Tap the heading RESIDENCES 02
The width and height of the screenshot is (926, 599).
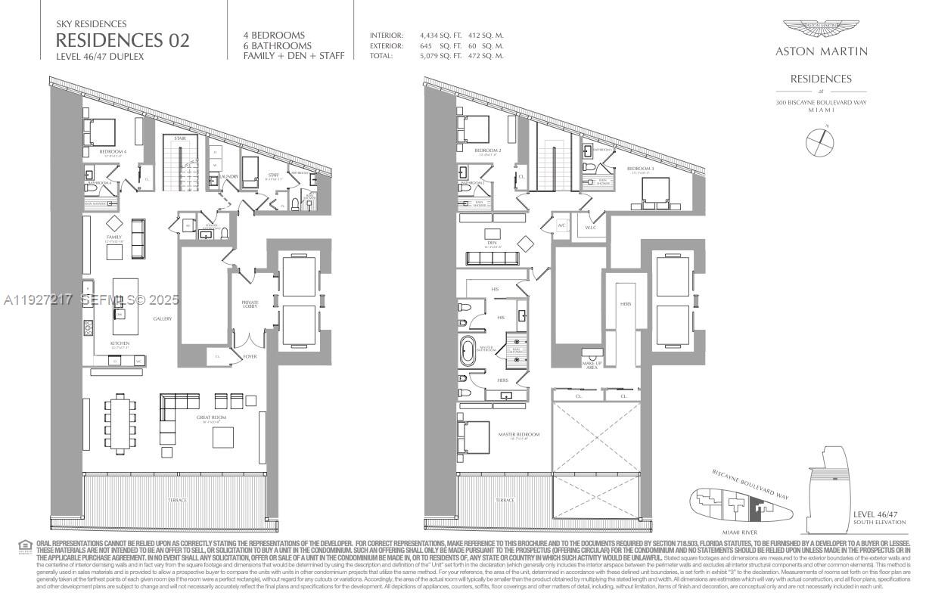123,40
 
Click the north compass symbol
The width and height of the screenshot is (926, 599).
821,141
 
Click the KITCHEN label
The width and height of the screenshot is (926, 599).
120,343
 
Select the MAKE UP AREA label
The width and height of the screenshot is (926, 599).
592,365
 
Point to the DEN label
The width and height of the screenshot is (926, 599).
493,244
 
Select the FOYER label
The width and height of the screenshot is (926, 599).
249,356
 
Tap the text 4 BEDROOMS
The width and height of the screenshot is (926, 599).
274,36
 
